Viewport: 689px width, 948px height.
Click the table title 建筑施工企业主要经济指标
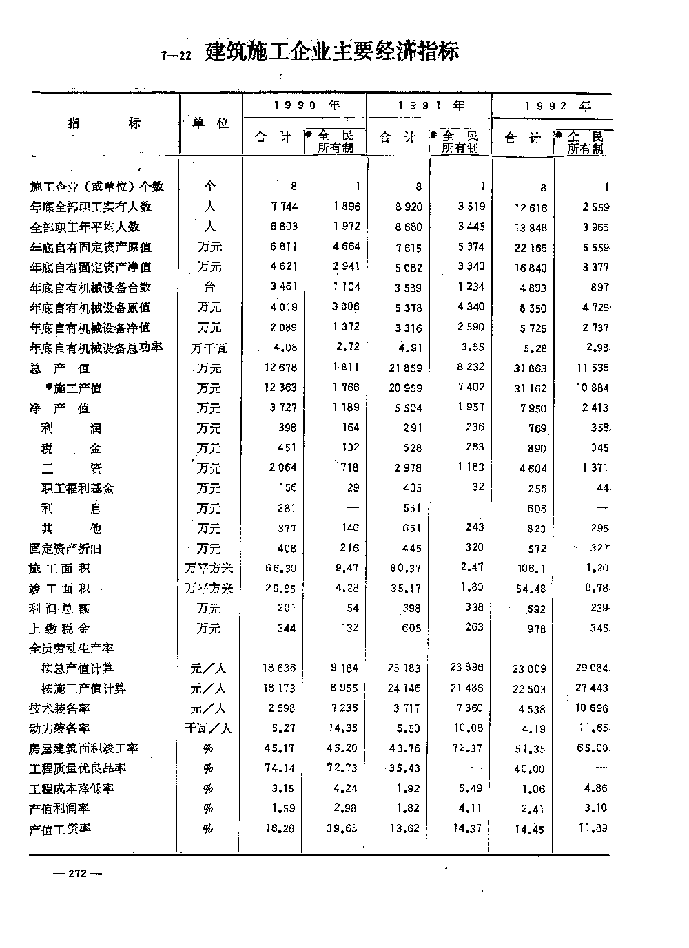pos(332,52)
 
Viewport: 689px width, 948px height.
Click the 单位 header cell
pos(210,123)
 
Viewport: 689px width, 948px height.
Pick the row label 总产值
pos(60,368)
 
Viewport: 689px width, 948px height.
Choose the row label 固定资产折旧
pos(65,549)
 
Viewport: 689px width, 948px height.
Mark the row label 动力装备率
pos(60,728)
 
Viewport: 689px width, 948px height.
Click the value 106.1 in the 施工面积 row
pos(533,569)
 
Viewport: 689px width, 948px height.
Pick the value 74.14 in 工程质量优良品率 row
pos(280,768)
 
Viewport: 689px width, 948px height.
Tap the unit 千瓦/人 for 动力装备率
pos(209,728)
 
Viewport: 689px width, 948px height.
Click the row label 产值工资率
pos(60,829)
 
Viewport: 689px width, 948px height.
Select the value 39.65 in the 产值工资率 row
pos(342,829)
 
